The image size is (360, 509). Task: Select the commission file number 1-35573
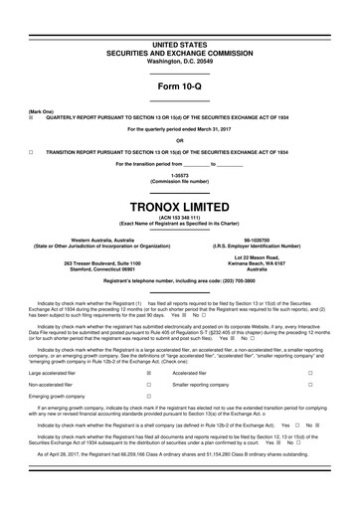coord(179,176)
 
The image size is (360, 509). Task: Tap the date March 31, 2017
coord(221,129)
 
